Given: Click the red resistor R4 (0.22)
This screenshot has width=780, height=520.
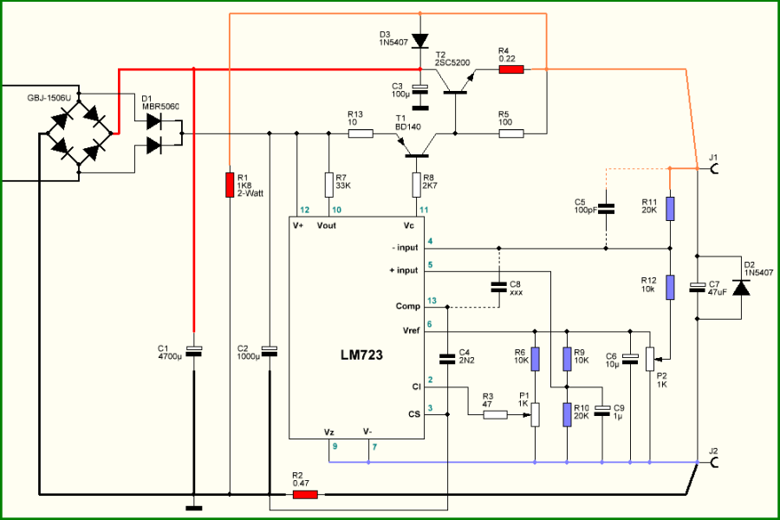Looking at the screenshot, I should [511, 69].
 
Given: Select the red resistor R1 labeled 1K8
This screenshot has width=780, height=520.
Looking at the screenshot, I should [229, 184].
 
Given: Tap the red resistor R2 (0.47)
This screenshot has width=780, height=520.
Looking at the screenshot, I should [305, 495].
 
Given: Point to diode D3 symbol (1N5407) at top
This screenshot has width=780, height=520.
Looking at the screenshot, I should [420, 41].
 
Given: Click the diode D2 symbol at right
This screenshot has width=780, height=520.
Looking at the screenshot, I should [740, 288].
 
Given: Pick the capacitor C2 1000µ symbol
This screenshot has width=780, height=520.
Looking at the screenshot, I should [270, 350].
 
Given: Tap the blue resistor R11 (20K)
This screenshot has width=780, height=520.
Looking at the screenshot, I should [669, 208].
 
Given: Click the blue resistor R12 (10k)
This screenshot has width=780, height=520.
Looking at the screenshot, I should [669, 287].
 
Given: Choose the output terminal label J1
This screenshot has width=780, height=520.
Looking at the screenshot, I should [713, 157].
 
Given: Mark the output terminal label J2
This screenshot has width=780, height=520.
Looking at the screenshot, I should [713, 450].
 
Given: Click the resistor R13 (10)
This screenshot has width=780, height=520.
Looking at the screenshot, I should [361, 133].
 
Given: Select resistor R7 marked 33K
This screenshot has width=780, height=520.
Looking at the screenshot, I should [328, 184].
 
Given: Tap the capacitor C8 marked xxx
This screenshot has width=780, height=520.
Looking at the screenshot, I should [498, 287].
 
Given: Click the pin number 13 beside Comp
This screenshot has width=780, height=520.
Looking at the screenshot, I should [432, 300].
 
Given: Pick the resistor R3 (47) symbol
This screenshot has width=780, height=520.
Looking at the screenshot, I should [495, 414].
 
